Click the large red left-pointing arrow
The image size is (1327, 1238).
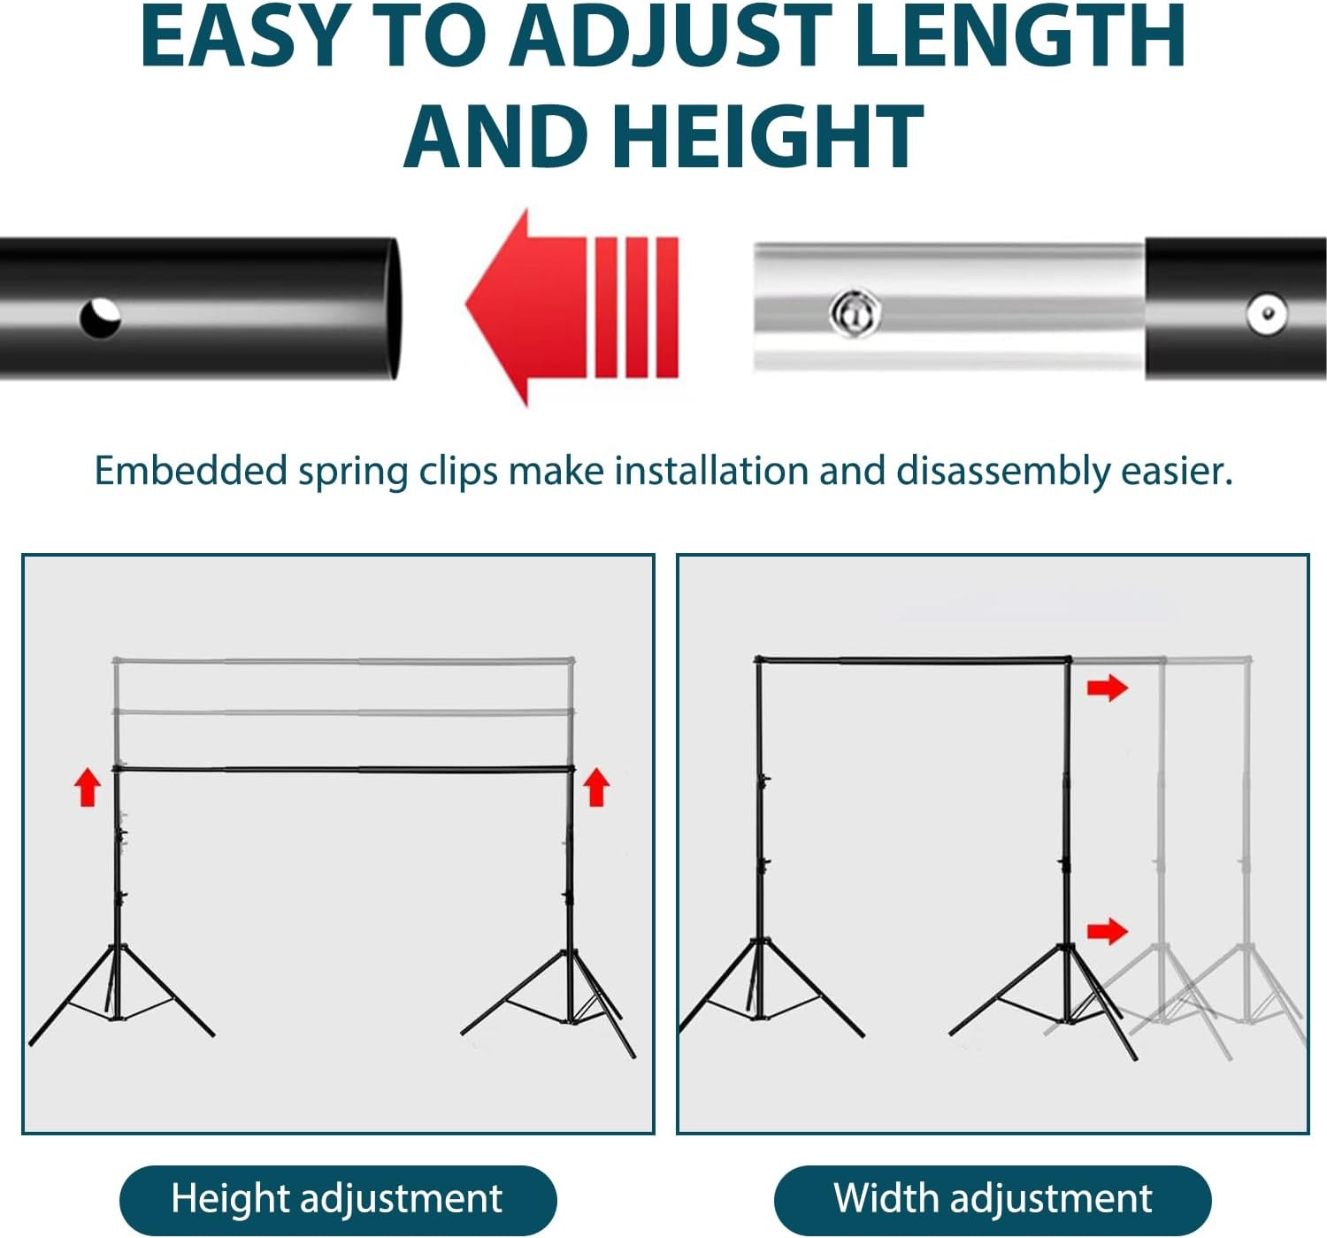(571, 306)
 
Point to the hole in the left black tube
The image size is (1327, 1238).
(99, 317)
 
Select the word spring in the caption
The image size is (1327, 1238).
(352, 472)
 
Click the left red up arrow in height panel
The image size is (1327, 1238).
(87, 787)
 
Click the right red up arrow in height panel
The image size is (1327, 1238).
(596, 787)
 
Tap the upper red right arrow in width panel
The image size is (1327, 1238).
(1107, 688)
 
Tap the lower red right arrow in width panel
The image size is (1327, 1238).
(1107, 930)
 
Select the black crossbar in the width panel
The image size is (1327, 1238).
(911, 660)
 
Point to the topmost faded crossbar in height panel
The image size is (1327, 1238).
(343, 660)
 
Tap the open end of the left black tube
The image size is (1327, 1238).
(390, 308)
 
